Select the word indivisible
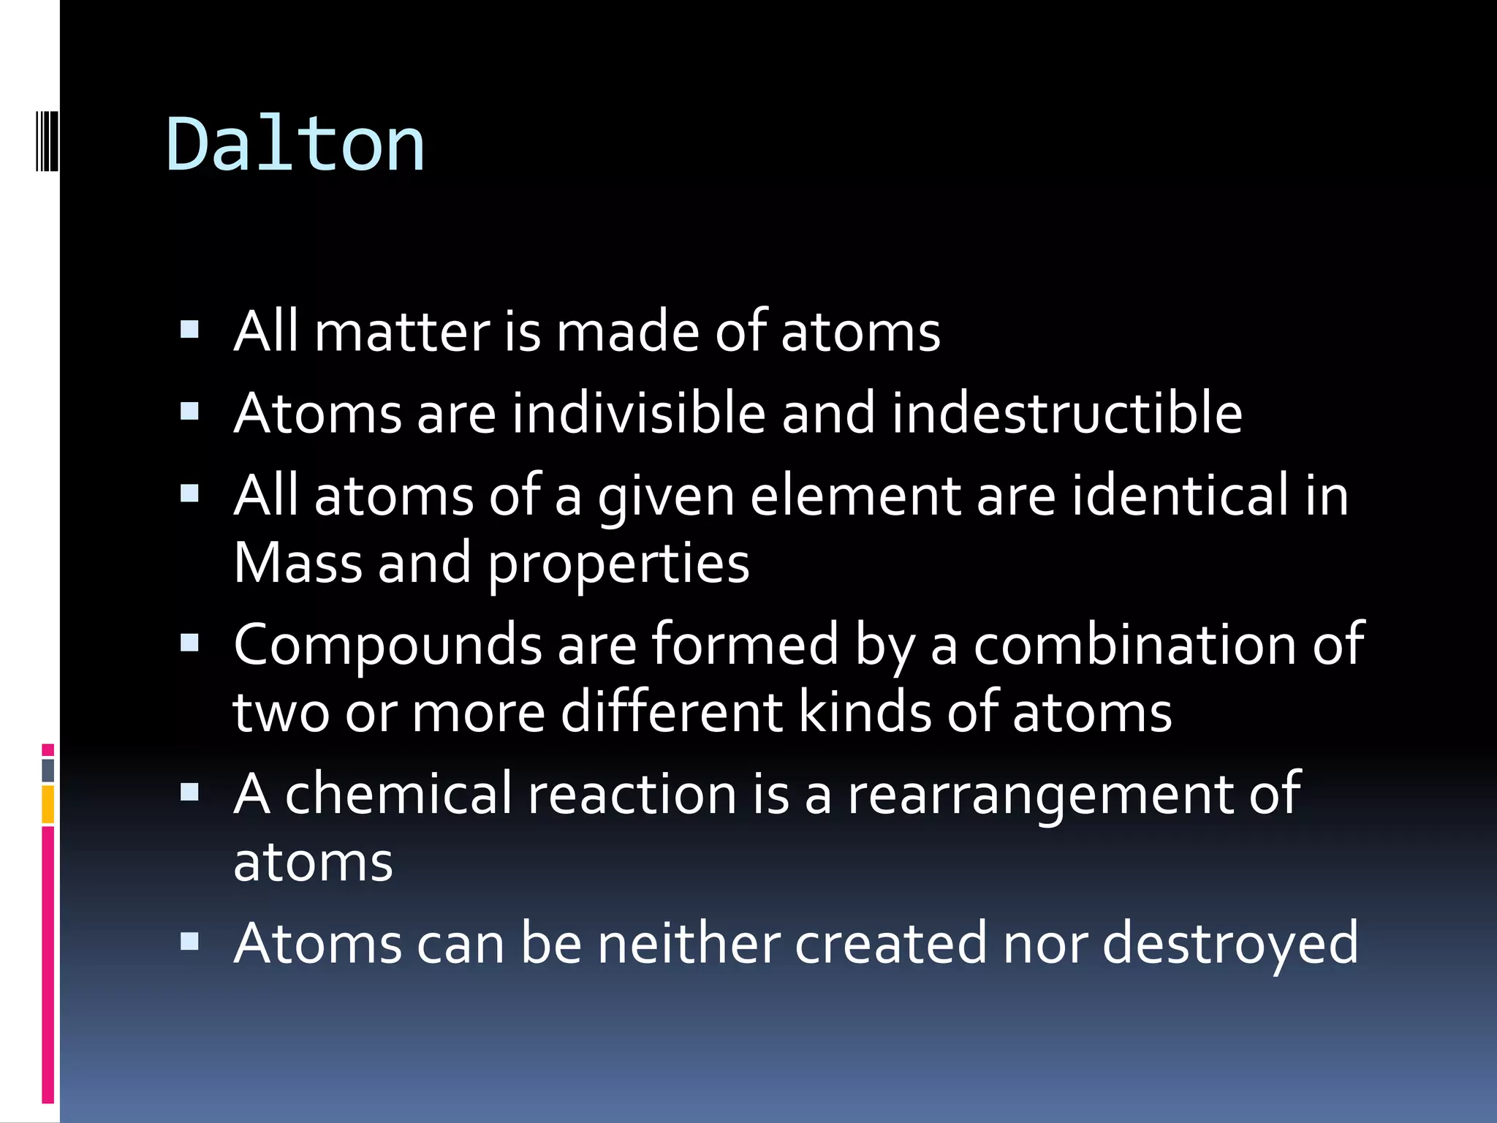(x=638, y=414)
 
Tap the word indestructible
(x=1066, y=414)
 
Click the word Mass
(x=298, y=564)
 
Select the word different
(x=671, y=712)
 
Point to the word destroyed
(x=1229, y=945)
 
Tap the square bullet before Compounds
(x=189, y=643)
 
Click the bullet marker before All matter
(x=189, y=330)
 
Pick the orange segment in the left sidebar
(x=48, y=804)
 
